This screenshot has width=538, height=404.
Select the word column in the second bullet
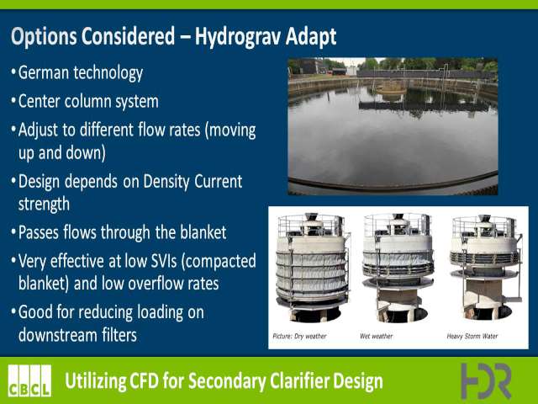(x=87, y=101)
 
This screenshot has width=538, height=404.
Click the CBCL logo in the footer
(x=29, y=380)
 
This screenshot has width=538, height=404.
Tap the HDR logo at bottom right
(x=486, y=380)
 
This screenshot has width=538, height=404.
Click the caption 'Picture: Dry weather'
(x=299, y=336)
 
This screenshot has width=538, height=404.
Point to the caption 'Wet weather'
(x=376, y=336)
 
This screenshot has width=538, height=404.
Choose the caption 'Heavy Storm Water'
(x=472, y=336)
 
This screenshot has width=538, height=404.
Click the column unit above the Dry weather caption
(x=312, y=268)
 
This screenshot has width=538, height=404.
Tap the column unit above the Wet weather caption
(x=398, y=268)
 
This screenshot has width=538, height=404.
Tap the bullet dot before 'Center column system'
(x=13, y=101)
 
